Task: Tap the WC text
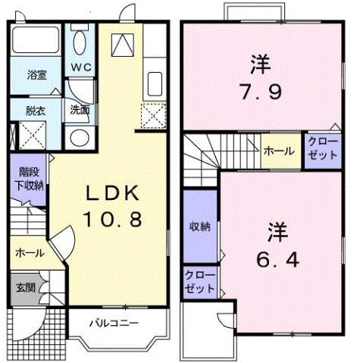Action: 80,66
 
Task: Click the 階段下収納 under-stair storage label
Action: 31,179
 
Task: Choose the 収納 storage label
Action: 201,227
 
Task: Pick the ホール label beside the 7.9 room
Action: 280,152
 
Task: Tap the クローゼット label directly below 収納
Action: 201,283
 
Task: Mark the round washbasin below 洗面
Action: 77,139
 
